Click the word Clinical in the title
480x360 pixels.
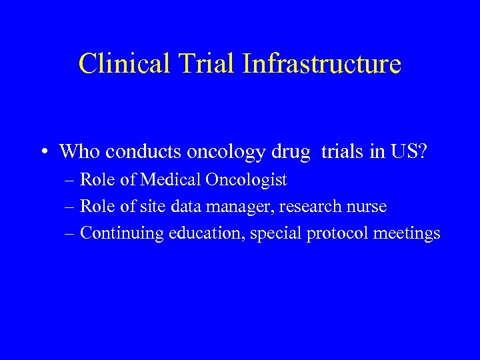123,64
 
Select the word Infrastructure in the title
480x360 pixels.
322,64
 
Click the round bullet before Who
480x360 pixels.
43,152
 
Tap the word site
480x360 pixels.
155,207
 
